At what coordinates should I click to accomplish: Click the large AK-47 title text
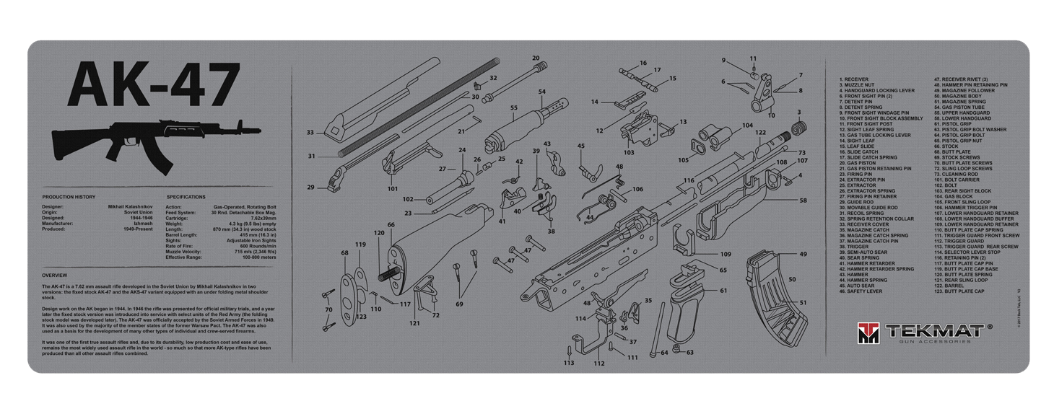153,83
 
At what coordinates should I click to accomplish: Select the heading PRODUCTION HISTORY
69,197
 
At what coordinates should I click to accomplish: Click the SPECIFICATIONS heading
186,197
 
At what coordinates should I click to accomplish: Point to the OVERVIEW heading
55,276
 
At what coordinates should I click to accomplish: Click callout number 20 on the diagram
535,58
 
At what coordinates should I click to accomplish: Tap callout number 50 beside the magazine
792,278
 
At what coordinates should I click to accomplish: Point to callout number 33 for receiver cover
310,133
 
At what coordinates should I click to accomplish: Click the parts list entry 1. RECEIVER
854,79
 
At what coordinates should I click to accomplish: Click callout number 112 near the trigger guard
598,364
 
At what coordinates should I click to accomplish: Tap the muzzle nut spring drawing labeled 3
798,127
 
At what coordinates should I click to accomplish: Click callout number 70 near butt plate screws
328,309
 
